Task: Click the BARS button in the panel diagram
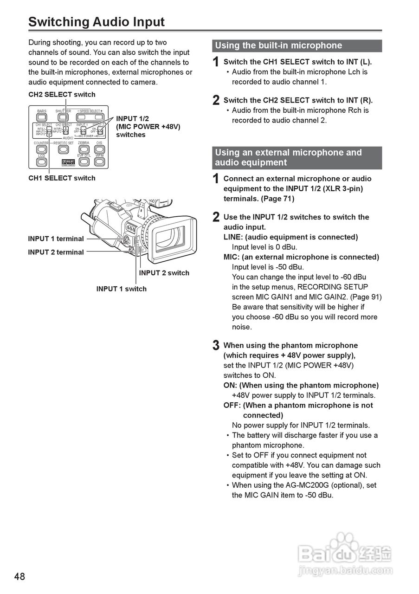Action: point(42,117)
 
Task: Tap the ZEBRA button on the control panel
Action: point(84,149)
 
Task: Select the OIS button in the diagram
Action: point(99,149)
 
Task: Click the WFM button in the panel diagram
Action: point(99,162)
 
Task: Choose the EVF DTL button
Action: point(84,162)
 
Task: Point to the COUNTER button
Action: point(42,149)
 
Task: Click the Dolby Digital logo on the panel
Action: point(68,163)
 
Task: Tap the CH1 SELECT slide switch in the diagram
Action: point(49,132)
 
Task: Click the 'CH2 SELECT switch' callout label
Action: point(62,95)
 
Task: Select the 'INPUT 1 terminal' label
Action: point(56,239)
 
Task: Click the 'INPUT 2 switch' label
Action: point(164,273)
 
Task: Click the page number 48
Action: point(19,577)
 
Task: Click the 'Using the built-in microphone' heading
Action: point(278,45)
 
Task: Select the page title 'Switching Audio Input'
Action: point(97,22)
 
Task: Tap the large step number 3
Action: point(216,346)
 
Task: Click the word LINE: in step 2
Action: point(233,237)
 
